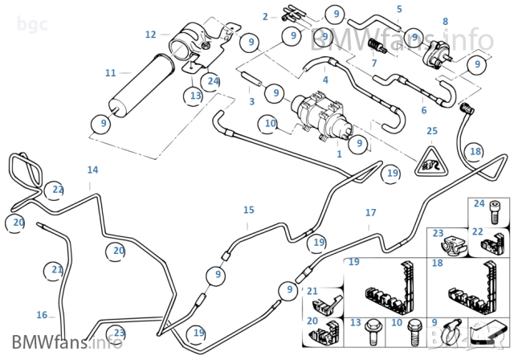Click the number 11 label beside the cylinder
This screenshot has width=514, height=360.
click(111, 73)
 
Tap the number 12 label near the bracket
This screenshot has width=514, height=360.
click(151, 35)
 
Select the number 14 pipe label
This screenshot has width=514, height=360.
click(93, 170)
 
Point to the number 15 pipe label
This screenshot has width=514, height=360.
click(249, 210)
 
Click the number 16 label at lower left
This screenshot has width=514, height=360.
click(42, 315)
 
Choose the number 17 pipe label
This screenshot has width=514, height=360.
click(370, 213)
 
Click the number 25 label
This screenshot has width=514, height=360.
click(431, 130)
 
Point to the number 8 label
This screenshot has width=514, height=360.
click(445, 21)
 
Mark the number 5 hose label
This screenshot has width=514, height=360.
click(399, 9)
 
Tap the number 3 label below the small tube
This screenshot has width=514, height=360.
click(251, 101)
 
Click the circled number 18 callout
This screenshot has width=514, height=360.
click(475, 151)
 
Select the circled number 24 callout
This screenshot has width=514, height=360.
click(213, 80)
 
